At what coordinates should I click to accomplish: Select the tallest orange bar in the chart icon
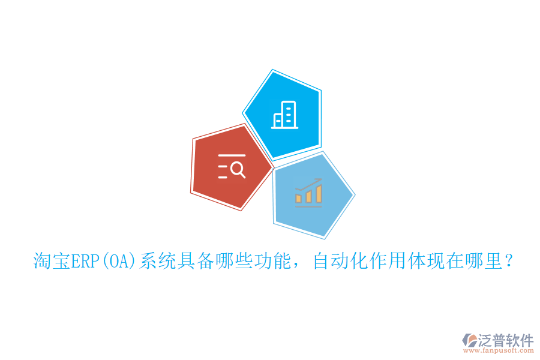pyautogui.click(x=319, y=193)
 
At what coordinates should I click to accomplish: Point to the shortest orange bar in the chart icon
pyautogui.click(x=299, y=197)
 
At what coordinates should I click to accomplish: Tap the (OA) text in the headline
pyautogui.click(x=119, y=261)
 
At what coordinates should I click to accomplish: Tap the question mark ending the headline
pyautogui.click(x=509, y=261)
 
